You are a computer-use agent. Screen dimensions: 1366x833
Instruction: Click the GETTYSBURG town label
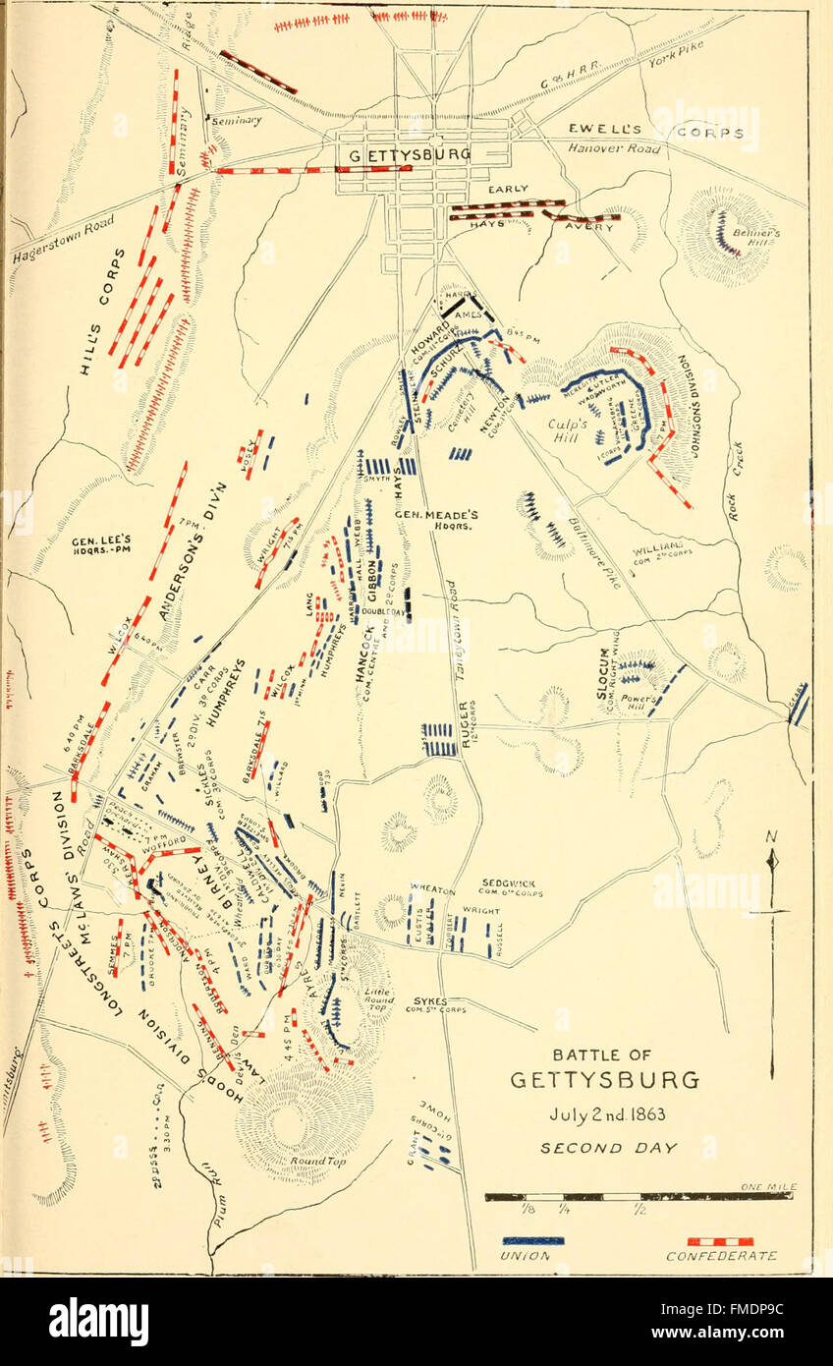point(410,155)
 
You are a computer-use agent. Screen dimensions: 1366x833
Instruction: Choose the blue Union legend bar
point(532,1240)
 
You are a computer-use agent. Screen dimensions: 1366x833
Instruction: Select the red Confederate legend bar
point(720,1241)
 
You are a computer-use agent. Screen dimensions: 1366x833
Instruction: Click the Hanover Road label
point(615,148)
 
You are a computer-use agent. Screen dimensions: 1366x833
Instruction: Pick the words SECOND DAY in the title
point(602,1148)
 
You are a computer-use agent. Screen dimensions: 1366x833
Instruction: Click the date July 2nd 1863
point(603,1116)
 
